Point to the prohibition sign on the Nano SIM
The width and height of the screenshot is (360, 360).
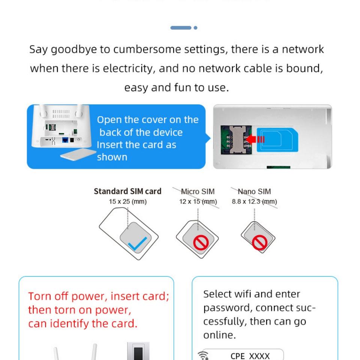[259, 242]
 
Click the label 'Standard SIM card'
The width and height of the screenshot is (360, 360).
[127, 191]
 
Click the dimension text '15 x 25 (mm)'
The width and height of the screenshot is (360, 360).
[127, 202]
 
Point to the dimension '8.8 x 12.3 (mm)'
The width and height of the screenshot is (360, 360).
[254, 202]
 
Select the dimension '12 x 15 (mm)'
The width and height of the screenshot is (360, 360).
[198, 202]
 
